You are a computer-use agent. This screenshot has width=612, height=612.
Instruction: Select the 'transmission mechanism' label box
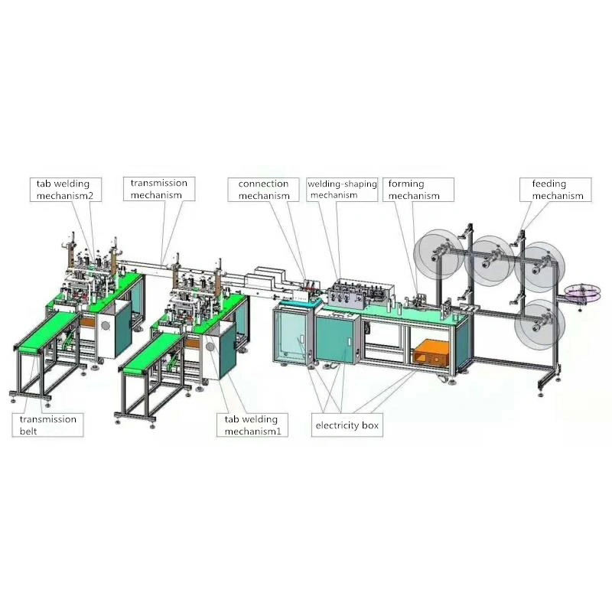158,189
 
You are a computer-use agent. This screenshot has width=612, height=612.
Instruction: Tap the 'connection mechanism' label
263,190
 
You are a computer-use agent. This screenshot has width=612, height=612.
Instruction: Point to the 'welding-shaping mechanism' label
342,189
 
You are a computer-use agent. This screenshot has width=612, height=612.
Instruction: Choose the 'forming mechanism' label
415,190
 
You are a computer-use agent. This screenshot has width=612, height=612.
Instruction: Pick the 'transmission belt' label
48,425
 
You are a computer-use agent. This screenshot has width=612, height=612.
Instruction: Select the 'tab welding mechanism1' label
252,425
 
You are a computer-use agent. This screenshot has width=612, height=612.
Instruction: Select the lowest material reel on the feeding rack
539,324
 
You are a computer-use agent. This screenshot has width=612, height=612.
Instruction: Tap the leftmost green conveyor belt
46,331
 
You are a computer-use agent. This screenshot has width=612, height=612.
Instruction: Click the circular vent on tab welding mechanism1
209,346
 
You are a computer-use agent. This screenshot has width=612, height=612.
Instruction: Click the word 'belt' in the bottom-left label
28,431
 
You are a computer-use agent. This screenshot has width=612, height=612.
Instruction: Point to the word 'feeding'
549,184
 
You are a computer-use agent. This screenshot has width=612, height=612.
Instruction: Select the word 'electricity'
337,425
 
